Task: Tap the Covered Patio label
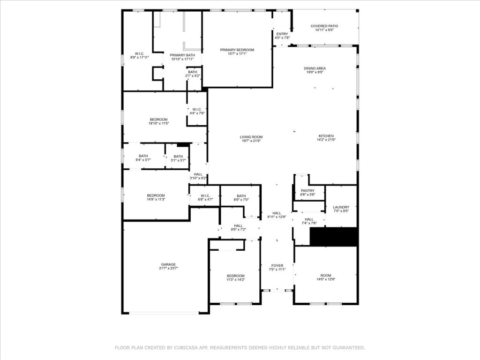[324, 26]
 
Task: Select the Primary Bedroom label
[238, 50]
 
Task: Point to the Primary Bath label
[182, 55]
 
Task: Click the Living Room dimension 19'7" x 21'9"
[252, 141]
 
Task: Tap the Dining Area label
[315, 68]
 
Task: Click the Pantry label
[307, 190]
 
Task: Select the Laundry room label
[341, 207]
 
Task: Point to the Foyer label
[277, 265]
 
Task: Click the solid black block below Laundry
[334, 237]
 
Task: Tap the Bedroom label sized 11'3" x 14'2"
[235, 276]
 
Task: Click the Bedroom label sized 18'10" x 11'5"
[158, 120]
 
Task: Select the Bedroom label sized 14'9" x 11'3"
[156, 195]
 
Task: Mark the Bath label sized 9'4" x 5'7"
[143, 156]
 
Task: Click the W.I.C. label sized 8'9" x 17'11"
[139, 53]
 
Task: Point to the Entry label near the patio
[282, 34]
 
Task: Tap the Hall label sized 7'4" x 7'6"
[309, 219]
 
